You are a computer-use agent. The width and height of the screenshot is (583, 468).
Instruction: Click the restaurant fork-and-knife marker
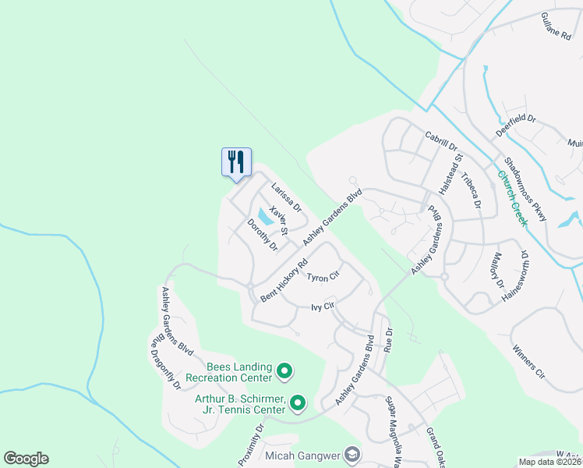(235, 162)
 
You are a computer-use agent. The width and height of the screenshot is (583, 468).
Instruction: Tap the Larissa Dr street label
(286, 197)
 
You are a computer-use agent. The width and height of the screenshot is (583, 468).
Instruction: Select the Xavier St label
(278, 220)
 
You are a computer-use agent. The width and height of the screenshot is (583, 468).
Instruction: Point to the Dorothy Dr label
(263, 235)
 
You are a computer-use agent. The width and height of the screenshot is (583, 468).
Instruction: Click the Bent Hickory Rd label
(285, 282)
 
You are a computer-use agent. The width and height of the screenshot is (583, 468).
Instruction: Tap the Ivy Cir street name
(323, 307)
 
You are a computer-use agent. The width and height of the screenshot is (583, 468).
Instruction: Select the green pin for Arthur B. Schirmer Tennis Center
(298, 403)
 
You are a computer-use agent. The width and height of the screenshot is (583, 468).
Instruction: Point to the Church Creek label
(513, 199)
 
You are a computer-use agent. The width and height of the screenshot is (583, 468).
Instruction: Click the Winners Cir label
(528, 362)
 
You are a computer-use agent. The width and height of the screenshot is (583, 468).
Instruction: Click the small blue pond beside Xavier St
(263, 218)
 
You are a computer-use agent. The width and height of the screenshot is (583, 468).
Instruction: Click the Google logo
(26, 459)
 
